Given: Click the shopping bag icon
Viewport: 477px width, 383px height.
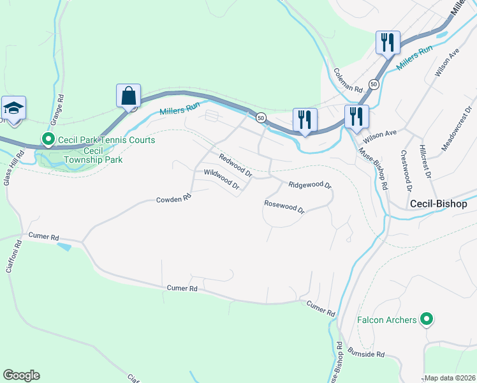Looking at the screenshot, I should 129,96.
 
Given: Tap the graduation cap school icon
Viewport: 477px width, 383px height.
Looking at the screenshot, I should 13,108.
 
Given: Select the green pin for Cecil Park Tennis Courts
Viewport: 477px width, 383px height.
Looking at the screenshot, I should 48,139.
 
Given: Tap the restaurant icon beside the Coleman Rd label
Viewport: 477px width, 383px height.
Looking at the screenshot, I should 387,43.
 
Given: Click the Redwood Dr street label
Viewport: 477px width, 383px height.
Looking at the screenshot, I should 235,165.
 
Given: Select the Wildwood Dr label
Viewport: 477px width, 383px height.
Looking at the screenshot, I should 221,180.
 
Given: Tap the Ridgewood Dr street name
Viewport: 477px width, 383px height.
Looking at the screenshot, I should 310,185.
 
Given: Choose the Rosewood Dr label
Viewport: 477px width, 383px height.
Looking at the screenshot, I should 284,206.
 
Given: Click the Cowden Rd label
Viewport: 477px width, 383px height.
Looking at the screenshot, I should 173,199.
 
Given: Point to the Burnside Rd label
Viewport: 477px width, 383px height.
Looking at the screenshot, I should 367,353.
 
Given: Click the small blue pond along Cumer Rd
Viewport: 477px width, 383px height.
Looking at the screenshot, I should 64,246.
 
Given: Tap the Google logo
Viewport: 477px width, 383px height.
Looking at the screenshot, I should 21,375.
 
